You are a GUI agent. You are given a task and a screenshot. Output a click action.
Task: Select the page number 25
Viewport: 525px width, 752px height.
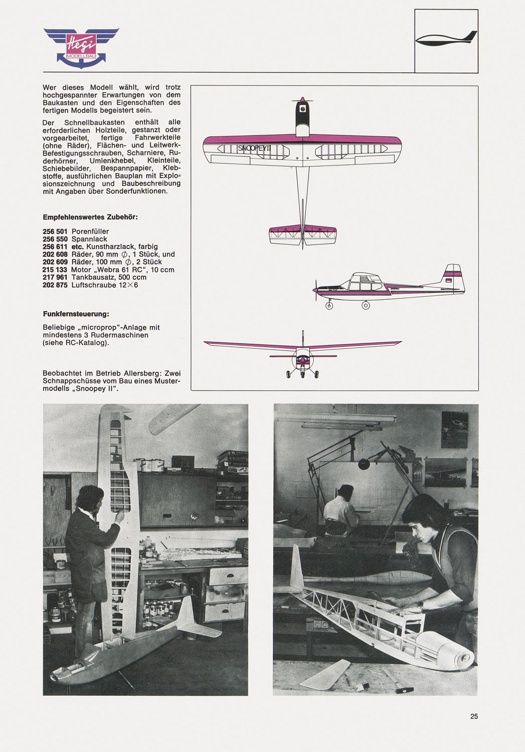coord(474,716)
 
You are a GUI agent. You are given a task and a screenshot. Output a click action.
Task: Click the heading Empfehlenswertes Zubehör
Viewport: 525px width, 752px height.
coord(90,217)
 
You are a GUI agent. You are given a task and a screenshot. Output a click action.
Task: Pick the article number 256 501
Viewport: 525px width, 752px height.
coord(55,232)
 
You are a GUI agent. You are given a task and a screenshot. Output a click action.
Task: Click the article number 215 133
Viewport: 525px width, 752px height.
coord(55,270)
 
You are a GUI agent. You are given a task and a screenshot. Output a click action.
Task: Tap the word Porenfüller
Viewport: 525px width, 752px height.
coord(90,232)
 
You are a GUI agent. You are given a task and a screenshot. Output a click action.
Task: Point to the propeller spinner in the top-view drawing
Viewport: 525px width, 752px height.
coord(302,100)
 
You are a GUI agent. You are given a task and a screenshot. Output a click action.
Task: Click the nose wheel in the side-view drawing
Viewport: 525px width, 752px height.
coord(329,305)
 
